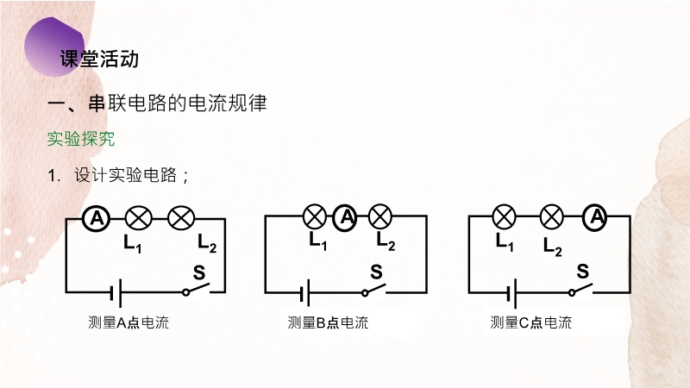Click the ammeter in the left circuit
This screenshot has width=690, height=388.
pos(97,219)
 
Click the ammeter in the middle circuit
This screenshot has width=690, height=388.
pos(346,216)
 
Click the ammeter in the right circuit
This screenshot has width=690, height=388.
pos(594,216)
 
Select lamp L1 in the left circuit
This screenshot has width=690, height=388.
pos(138,219)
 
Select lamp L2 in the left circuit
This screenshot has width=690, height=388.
pos(180,219)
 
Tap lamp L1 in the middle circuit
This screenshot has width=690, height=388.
pos(315,216)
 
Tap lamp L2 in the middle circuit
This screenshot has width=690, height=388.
pos(379,216)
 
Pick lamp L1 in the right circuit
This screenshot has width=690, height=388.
pos(504,216)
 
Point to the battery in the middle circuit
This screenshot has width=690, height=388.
pos(305,293)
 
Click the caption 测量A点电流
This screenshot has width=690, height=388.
pos(129,323)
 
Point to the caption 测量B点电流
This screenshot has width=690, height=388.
pos(328,323)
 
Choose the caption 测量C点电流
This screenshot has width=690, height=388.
pos(531,323)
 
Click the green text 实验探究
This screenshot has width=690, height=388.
pos(81,139)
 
